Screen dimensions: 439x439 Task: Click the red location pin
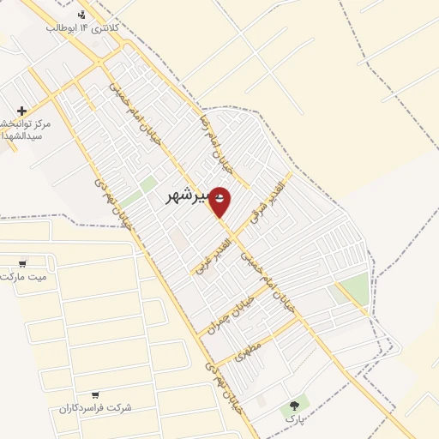tap(219, 201)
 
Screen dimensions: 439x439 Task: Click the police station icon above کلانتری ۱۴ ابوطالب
tap(81, 15)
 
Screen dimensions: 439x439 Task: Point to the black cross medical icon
tap(21, 111)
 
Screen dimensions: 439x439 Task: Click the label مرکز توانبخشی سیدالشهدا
tap(24, 130)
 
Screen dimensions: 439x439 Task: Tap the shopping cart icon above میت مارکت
tap(21, 263)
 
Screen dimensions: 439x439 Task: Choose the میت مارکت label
tap(24, 277)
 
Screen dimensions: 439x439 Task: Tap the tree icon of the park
tap(295, 405)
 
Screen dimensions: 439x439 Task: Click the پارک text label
tap(295, 419)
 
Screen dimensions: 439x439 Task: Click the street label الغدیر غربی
tap(201, 254)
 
